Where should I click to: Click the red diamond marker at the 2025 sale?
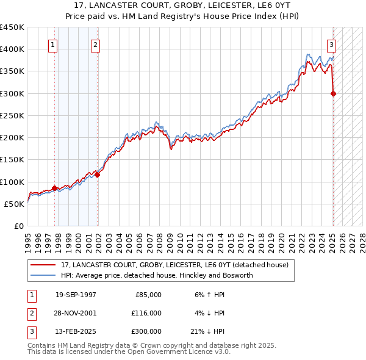[x=333, y=93]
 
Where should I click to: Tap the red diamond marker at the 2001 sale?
[x=97, y=175]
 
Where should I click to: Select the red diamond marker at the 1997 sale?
[x=54, y=188]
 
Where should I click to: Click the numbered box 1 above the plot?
[x=53, y=44]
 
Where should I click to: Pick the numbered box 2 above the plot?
[x=96, y=44]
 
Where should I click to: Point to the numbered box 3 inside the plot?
[x=331, y=44]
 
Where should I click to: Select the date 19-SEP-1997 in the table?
[x=76, y=295]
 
